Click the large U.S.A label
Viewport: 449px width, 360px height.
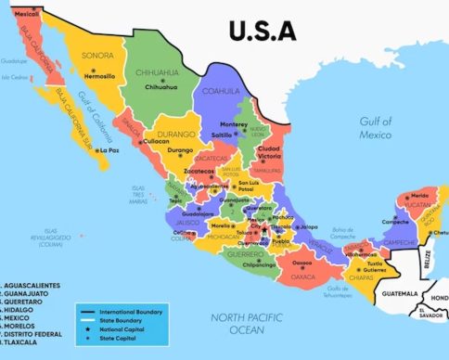pos(263,31)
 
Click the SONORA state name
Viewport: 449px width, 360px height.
pos(98,56)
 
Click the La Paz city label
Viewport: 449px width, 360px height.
pos(109,149)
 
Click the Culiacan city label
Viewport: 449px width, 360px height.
pos(155,142)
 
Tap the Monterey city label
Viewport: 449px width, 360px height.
pos(234,124)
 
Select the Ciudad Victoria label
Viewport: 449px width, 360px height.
pos(268,151)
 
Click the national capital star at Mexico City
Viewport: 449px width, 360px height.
pos(263,229)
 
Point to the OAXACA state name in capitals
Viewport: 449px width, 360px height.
pos(302,276)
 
